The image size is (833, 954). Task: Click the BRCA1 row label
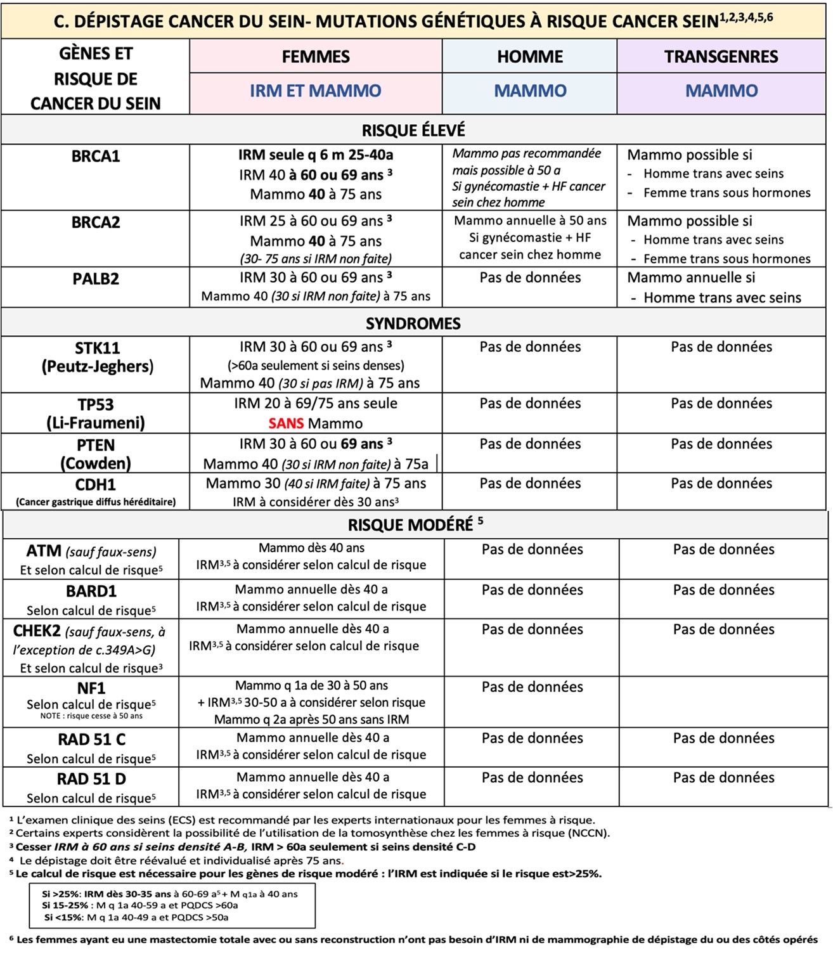pos(96,156)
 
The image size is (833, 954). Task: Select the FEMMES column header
pos(316,56)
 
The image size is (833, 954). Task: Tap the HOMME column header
pos(530,56)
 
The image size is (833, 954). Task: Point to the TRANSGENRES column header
pos(721,56)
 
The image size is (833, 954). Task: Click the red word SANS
pos(286,423)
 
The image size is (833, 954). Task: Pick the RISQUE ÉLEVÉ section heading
pos(413,131)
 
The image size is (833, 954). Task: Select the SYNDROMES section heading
pos(413,323)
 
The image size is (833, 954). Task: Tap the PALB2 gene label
pos(96,279)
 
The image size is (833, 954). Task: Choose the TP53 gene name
pos(96,404)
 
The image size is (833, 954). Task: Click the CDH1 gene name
pos(96,485)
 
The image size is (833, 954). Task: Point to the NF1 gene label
pos(91,688)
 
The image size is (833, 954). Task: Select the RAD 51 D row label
pos(91,779)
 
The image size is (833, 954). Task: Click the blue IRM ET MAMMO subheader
pos(316,91)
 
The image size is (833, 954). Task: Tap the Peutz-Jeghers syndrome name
pos(98,366)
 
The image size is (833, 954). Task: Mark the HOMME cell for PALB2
pos(530,278)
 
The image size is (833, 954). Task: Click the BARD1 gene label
pos(91,591)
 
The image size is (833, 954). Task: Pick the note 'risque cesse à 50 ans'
pos(91,716)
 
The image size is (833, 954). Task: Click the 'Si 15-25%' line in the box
pos(139,905)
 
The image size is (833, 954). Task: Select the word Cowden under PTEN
pos(96,463)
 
